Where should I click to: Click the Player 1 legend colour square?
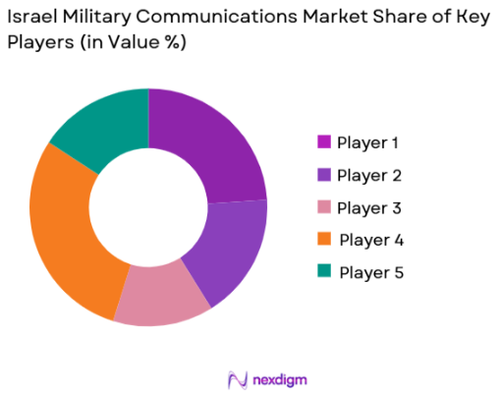click(x=322, y=143)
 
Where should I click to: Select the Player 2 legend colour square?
click(x=322, y=176)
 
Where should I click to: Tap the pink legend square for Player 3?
click(x=322, y=208)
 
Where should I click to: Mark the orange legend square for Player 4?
click(x=322, y=240)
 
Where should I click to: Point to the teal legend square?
click(x=322, y=272)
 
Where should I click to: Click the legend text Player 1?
click(x=368, y=143)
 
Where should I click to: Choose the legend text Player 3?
click(x=368, y=208)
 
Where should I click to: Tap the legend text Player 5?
click(x=370, y=272)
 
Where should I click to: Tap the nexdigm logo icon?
click(x=236, y=378)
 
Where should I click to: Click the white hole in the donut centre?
click(x=148, y=207)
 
